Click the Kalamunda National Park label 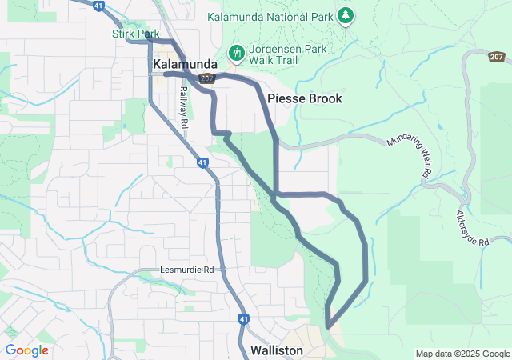point(270,16)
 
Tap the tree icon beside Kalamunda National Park point(346,14)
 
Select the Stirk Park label point(131,34)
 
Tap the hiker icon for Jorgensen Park point(236,54)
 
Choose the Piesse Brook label point(305,98)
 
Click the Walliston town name point(276,350)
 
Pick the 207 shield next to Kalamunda point(207,78)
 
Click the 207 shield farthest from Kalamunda point(497,57)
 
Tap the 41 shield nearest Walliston point(242,319)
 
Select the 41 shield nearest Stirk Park point(98,5)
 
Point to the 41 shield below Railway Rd point(203,162)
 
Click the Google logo point(26,350)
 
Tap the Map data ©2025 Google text point(462,354)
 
